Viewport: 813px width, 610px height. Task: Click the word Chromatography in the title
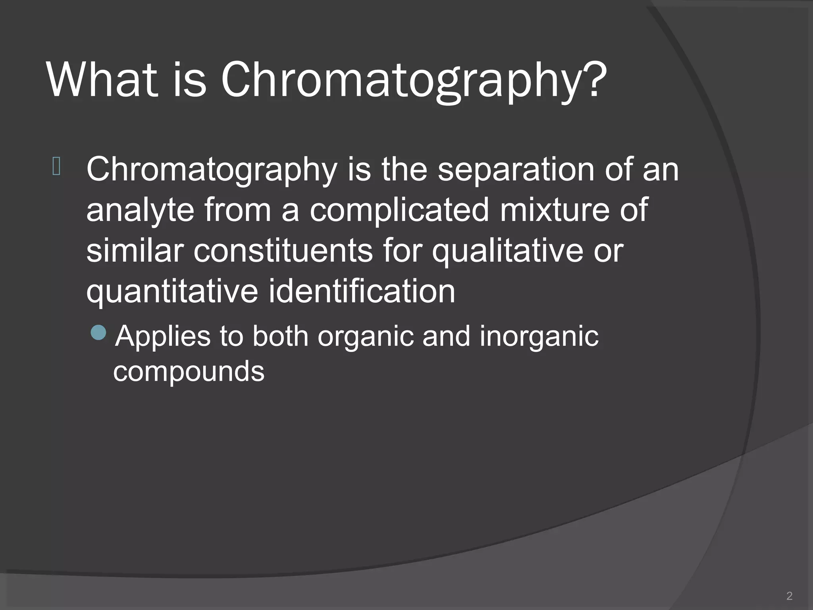click(401, 81)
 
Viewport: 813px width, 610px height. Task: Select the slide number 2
click(789, 596)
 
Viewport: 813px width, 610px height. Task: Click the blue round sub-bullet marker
click(98, 332)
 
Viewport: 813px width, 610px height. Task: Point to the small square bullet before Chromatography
click(56, 166)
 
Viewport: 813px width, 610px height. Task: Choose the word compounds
click(189, 373)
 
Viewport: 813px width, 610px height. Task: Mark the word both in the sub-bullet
click(280, 336)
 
